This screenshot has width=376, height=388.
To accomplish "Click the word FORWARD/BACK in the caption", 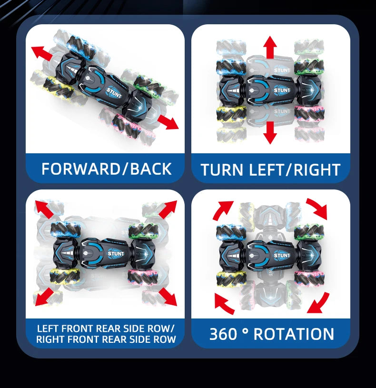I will (x=106, y=169).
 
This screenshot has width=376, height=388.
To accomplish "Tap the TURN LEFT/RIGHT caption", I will (x=270, y=169).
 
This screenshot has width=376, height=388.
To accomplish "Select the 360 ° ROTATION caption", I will (x=271, y=334).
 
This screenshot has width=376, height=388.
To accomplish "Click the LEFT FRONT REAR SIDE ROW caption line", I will (x=106, y=328).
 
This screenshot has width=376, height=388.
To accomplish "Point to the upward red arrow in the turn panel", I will (x=270, y=47).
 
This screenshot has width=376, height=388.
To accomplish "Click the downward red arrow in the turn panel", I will (x=270, y=132).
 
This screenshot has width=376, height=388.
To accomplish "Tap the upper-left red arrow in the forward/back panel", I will (x=42, y=52).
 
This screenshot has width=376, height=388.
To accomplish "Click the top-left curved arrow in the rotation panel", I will (x=223, y=209).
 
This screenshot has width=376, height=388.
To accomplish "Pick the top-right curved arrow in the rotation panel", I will (x=317, y=208).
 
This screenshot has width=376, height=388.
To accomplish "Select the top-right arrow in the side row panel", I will (x=168, y=209).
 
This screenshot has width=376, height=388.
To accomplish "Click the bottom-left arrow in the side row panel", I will (x=44, y=296).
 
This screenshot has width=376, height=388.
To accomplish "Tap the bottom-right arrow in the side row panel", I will (x=168, y=296).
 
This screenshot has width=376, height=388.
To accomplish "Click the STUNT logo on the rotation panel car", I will (x=282, y=256).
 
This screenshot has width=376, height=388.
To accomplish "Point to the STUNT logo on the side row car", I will (x=116, y=254).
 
